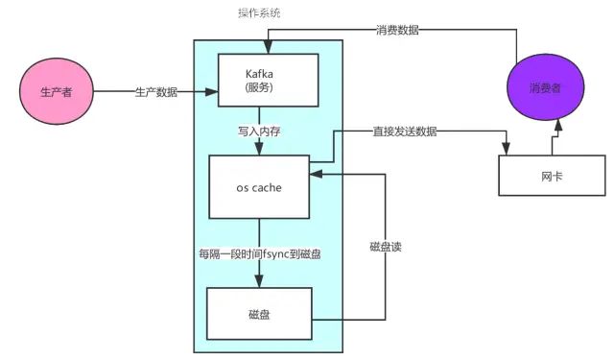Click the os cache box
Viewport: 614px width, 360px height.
[x=259, y=186]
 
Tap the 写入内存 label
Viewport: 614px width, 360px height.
[x=257, y=129]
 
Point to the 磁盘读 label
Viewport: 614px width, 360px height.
[x=386, y=247]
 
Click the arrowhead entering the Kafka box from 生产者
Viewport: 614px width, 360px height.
[x=214, y=93]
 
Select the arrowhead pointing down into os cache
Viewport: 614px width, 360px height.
[x=257, y=148]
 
